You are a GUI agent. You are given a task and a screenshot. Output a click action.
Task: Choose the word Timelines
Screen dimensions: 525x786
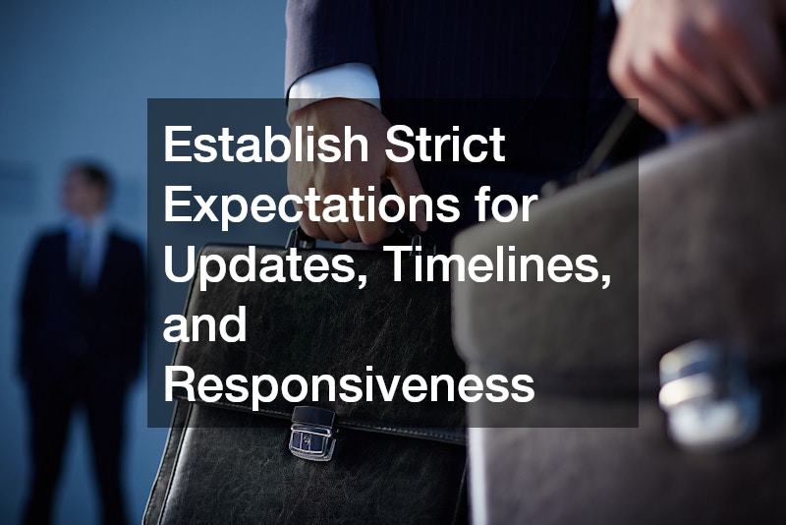coord(496,265)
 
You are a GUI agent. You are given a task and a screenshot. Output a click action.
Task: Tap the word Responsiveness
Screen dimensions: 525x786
coord(349,383)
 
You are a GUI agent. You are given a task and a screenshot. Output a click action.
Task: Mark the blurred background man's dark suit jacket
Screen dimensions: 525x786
coord(79,315)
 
